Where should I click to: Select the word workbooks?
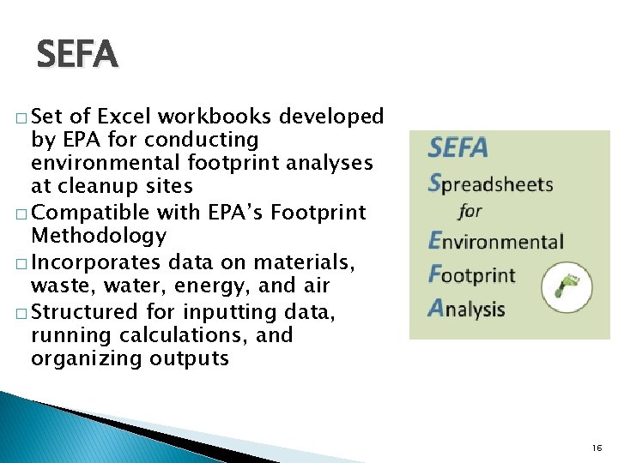coord(224,116)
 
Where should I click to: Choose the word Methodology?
coord(99,235)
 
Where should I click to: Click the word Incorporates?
coord(98,262)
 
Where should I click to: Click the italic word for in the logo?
coord(470,211)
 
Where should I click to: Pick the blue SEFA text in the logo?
coord(458,148)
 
